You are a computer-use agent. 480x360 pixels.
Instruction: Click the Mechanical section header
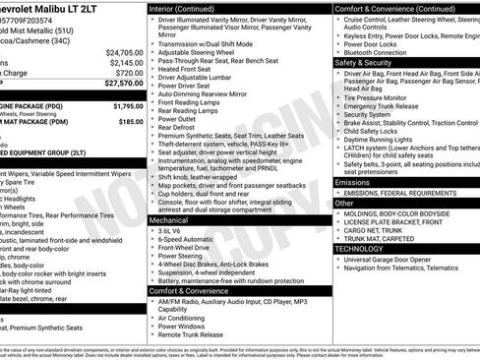(x=168, y=221)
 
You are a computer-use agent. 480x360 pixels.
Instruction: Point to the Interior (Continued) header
(x=189, y=8)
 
